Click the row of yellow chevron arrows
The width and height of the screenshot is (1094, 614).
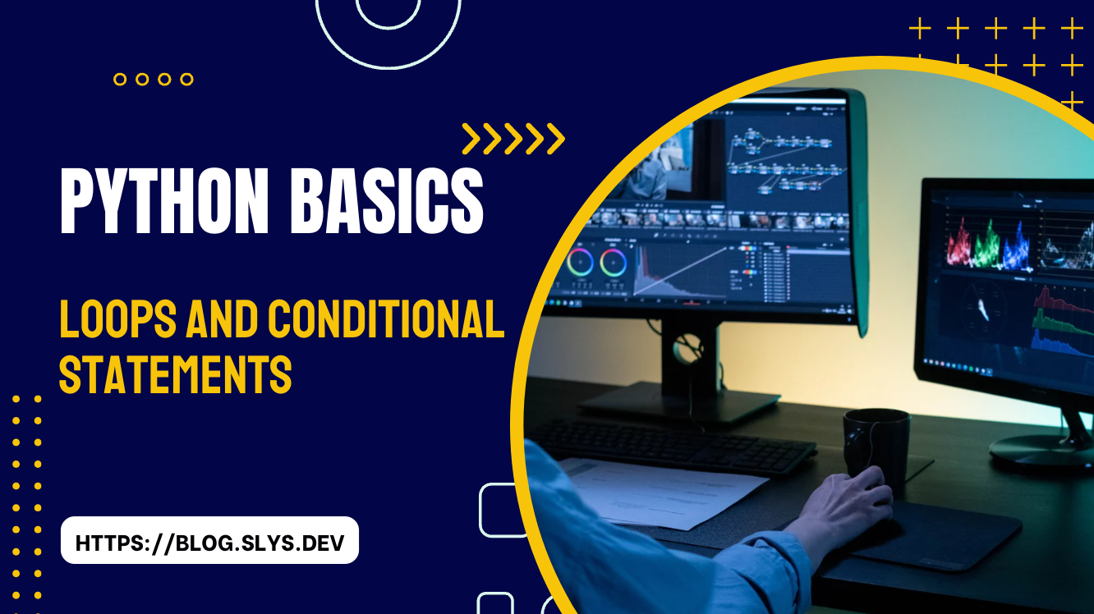[513, 139]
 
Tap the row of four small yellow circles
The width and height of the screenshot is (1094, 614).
[154, 80]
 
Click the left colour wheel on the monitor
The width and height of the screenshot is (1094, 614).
[579, 263]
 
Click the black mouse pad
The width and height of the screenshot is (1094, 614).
[936, 534]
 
